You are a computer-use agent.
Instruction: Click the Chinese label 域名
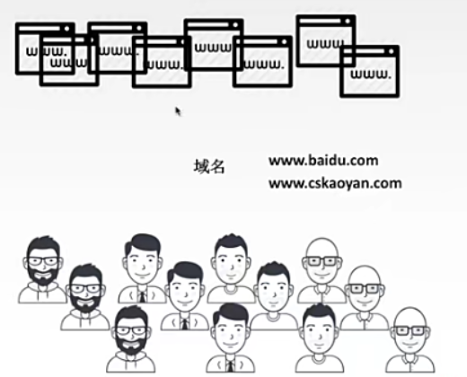[x=209, y=166]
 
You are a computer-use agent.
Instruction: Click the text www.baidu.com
[x=323, y=161]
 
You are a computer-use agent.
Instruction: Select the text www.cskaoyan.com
[x=335, y=183]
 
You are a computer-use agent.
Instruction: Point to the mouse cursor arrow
[x=178, y=111]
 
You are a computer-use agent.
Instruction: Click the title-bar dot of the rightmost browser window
[x=391, y=51]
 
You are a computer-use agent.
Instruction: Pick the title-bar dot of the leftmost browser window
[x=66, y=29]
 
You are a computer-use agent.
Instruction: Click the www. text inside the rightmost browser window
[x=371, y=74]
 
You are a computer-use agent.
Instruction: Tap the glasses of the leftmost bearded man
[x=43, y=261]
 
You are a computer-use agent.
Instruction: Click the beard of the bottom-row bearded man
[x=131, y=344]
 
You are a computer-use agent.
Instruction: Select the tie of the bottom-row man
[x=230, y=366]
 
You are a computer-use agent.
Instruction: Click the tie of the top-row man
[x=142, y=296]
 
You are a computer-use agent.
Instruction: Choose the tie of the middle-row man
[x=185, y=324]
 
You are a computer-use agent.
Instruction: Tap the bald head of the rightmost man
[x=410, y=317]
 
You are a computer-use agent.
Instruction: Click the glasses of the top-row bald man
[x=322, y=261]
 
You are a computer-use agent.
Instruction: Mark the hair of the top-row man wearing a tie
[x=143, y=244]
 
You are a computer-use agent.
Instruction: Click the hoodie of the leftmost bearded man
[x=42, y=294]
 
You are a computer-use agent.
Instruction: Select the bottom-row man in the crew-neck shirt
[x=320, y=338]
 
